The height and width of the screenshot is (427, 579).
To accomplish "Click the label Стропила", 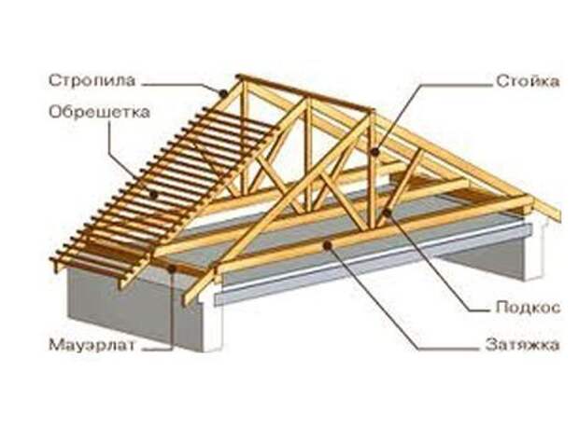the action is point(92,81).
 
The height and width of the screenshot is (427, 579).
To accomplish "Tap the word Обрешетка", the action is point(99,112).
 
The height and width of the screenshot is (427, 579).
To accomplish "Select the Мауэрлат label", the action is point(92,346).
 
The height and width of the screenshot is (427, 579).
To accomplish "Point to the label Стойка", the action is point(528,81).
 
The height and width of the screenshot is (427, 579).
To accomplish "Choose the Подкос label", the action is point(528,307).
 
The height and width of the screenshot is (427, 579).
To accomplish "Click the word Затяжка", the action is point(523,345).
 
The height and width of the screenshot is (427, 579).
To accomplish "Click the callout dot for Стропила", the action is point(222,93).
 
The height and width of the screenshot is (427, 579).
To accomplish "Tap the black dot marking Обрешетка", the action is point(153,194).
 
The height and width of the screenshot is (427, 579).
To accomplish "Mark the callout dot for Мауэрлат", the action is point(172,269).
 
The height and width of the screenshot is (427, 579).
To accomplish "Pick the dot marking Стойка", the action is point(375,152).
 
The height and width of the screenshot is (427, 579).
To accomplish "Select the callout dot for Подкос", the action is point(387,213).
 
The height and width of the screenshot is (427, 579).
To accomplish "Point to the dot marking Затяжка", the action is point(328,245).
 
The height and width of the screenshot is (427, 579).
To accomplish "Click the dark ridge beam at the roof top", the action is point(304,93).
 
